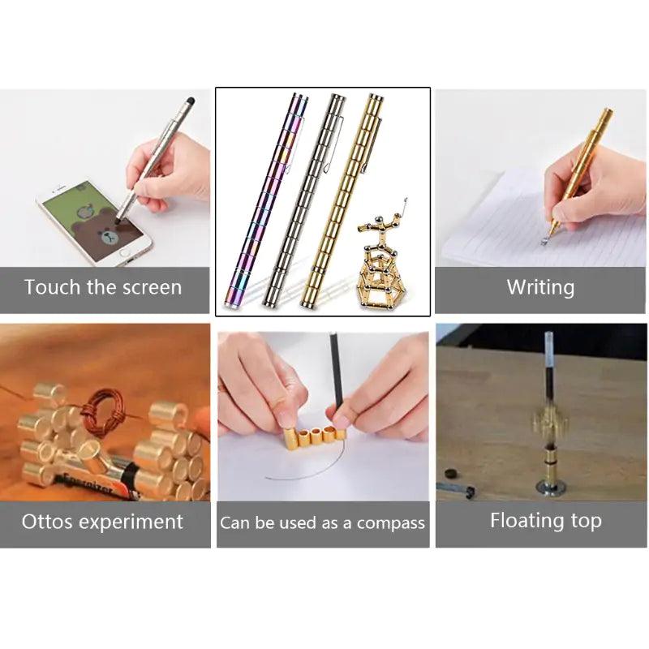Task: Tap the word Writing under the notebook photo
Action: pyautogui.click(x=540, y=287)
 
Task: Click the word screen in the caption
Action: pyautogui.click(x=147, y=287)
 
